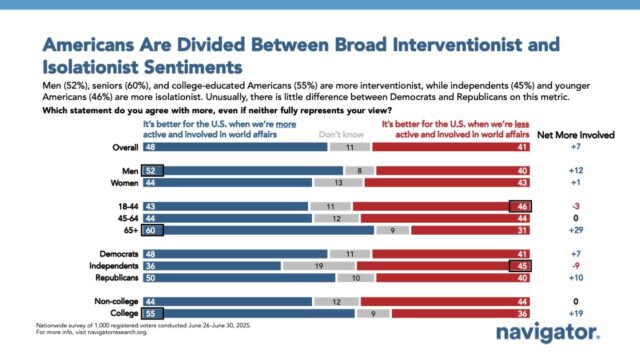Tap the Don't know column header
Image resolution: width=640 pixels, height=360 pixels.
335,131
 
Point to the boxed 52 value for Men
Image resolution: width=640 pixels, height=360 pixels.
152,170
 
